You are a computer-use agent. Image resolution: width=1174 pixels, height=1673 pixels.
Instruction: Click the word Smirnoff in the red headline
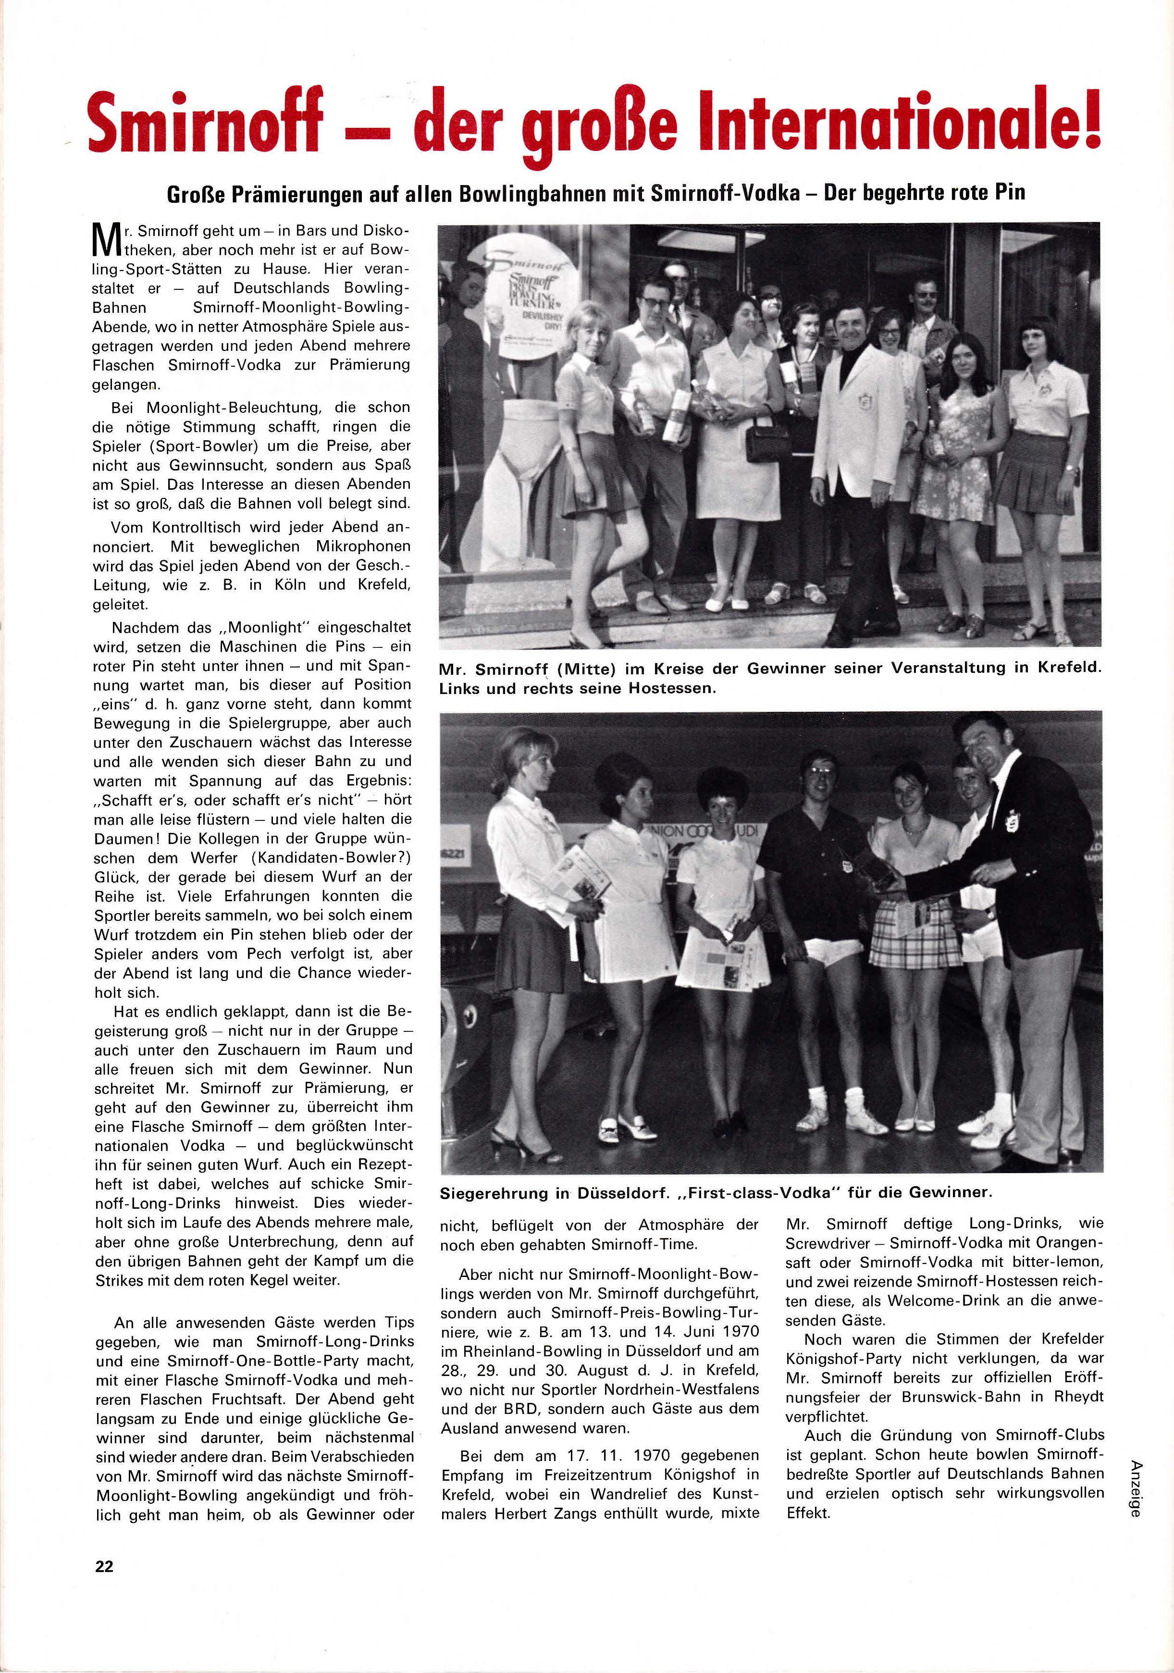click(205, 121)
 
